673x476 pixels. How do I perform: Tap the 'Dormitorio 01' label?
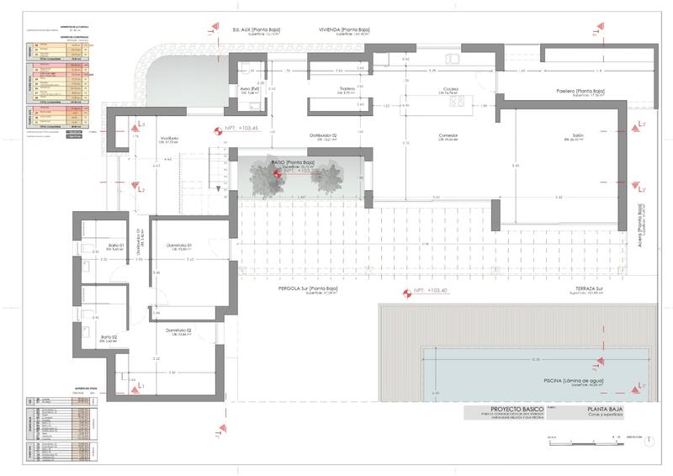coord(179,246)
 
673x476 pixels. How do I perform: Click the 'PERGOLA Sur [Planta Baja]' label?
coord(308,289)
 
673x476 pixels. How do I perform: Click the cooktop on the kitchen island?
coord(458,102)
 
